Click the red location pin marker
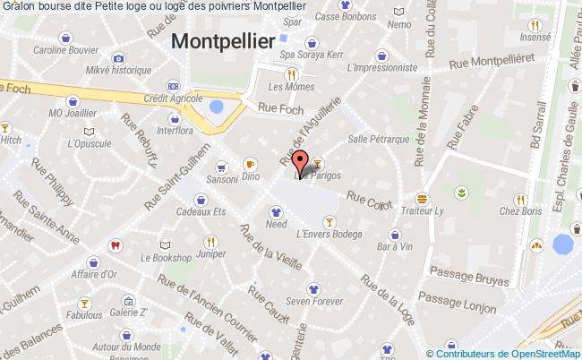coord(300,164)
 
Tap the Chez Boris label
coord(521,211)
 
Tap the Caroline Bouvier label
coord(64,51)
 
